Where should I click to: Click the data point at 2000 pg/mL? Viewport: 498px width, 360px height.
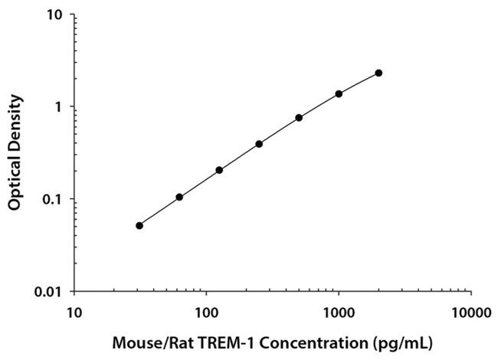(378, 73)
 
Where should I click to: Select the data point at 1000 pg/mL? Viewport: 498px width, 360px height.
(339, 93)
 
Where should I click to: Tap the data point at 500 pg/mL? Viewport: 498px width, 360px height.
(299, 117)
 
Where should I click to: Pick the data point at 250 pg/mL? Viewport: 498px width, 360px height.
(259, 144)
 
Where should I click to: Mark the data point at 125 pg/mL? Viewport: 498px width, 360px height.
(219, 170)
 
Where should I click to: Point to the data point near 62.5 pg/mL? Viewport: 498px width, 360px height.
(179, 197)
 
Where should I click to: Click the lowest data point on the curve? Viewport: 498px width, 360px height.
(139, 225)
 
